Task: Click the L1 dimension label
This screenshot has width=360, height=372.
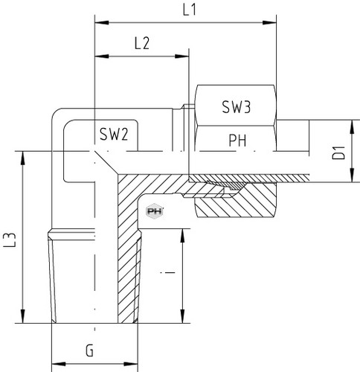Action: click(190, 10)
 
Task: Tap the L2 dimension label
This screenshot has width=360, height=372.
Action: click(142, 43)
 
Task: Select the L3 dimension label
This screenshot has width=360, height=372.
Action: click(10, 240)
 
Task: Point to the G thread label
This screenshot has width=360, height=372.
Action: click(89, 350)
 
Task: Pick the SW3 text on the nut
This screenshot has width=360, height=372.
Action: click(237, 107)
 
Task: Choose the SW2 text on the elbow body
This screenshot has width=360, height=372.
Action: click(114, 134)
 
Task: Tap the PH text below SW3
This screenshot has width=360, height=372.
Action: click(237, 141)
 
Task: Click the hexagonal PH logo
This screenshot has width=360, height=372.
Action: click(154, 211)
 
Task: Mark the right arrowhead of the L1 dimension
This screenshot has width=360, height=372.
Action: click(269, 22)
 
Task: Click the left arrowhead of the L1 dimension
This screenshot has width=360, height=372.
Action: click(102, 22)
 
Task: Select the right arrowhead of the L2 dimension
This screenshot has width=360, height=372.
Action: click(182, 57)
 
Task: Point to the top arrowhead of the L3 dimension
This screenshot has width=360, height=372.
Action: click(23, 158)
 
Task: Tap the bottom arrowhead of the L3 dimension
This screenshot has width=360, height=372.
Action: click(23, 316)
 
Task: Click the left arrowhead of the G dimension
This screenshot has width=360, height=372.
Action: click(58, 364)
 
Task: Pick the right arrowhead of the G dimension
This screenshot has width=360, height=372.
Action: click(131, 364)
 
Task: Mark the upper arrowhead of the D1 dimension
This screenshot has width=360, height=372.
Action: click(353, 127)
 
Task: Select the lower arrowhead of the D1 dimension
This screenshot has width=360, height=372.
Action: click(353, 176)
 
